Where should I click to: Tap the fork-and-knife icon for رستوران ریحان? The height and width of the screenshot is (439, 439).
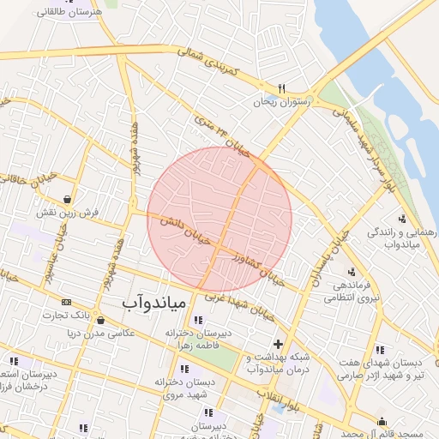[281, 88]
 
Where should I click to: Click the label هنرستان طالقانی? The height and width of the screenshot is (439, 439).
[69, 13]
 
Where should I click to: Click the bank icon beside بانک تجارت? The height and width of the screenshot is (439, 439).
[67, 302]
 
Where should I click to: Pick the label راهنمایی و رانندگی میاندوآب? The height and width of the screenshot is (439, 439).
[404, 238]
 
